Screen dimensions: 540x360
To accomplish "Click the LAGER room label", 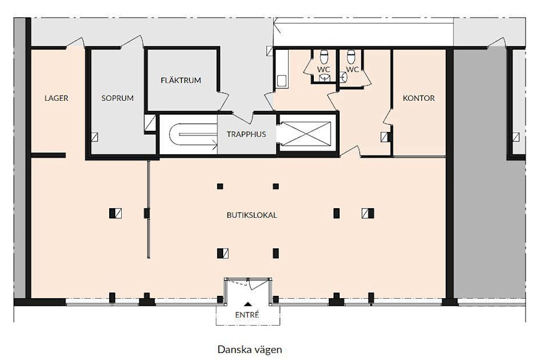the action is click(56, 98).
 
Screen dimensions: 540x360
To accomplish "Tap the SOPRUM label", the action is click(118, 98).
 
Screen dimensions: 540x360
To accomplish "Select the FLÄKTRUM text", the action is click(181, 80).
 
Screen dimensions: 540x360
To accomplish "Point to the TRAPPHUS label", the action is click(246, 134).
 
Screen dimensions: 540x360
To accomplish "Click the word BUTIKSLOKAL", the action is click(252, 215).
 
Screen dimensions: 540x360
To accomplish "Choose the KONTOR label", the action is click(419, 98).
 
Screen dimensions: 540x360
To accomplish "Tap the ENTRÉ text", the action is click(247, 315).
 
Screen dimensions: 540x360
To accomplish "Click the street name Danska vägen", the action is click(250, 350).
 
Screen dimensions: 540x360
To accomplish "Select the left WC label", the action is click(323, 69).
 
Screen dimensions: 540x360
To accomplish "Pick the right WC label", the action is click(352, 69).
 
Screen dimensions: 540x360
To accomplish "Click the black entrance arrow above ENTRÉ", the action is click(247, 304).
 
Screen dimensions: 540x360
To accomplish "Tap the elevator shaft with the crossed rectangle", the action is click(306, 134).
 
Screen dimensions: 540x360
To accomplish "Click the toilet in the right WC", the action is click(351, 56).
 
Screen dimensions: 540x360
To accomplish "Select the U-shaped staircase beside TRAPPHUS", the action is click(193, 134).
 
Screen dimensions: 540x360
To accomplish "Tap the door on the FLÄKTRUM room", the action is click(223, 101).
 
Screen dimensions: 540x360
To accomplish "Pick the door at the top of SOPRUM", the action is click(133, 41).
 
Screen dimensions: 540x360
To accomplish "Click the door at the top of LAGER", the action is click(75, 42).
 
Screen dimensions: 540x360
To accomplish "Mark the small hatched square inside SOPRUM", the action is click(94, 137).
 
